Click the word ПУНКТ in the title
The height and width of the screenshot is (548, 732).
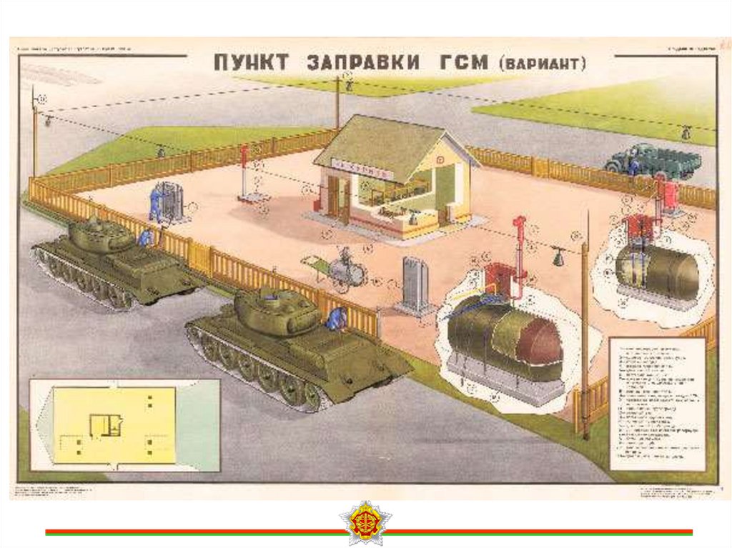tap(251, 62)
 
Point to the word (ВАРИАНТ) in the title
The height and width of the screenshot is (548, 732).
tap(542, 64)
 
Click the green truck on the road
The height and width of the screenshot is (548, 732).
tap(650, 161)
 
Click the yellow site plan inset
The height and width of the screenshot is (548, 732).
tap(114, 425)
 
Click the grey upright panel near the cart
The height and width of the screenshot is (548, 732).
tap(415, 283)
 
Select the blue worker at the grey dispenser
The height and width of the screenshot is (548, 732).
tap(155, 202)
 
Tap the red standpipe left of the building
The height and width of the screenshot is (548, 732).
tap(244, 171)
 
